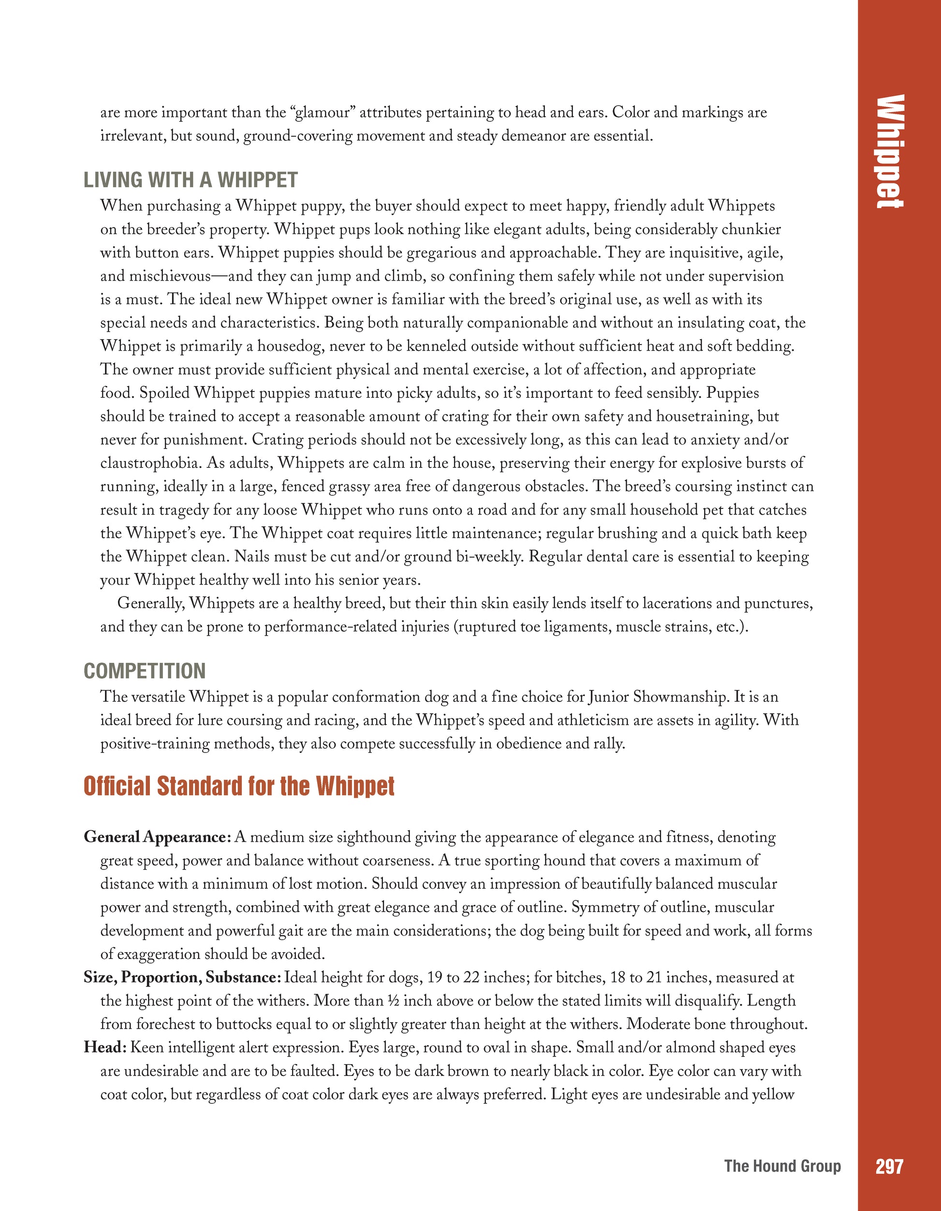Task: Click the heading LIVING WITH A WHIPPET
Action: click(190, 180)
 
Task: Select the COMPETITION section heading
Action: click(145, 671)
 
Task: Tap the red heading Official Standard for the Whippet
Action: click(239, 786)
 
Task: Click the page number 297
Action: click(889, 1166)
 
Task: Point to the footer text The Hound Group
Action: click(782, 1166)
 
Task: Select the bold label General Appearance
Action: click(157, 837)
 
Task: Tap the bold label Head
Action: click(106, 1047)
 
